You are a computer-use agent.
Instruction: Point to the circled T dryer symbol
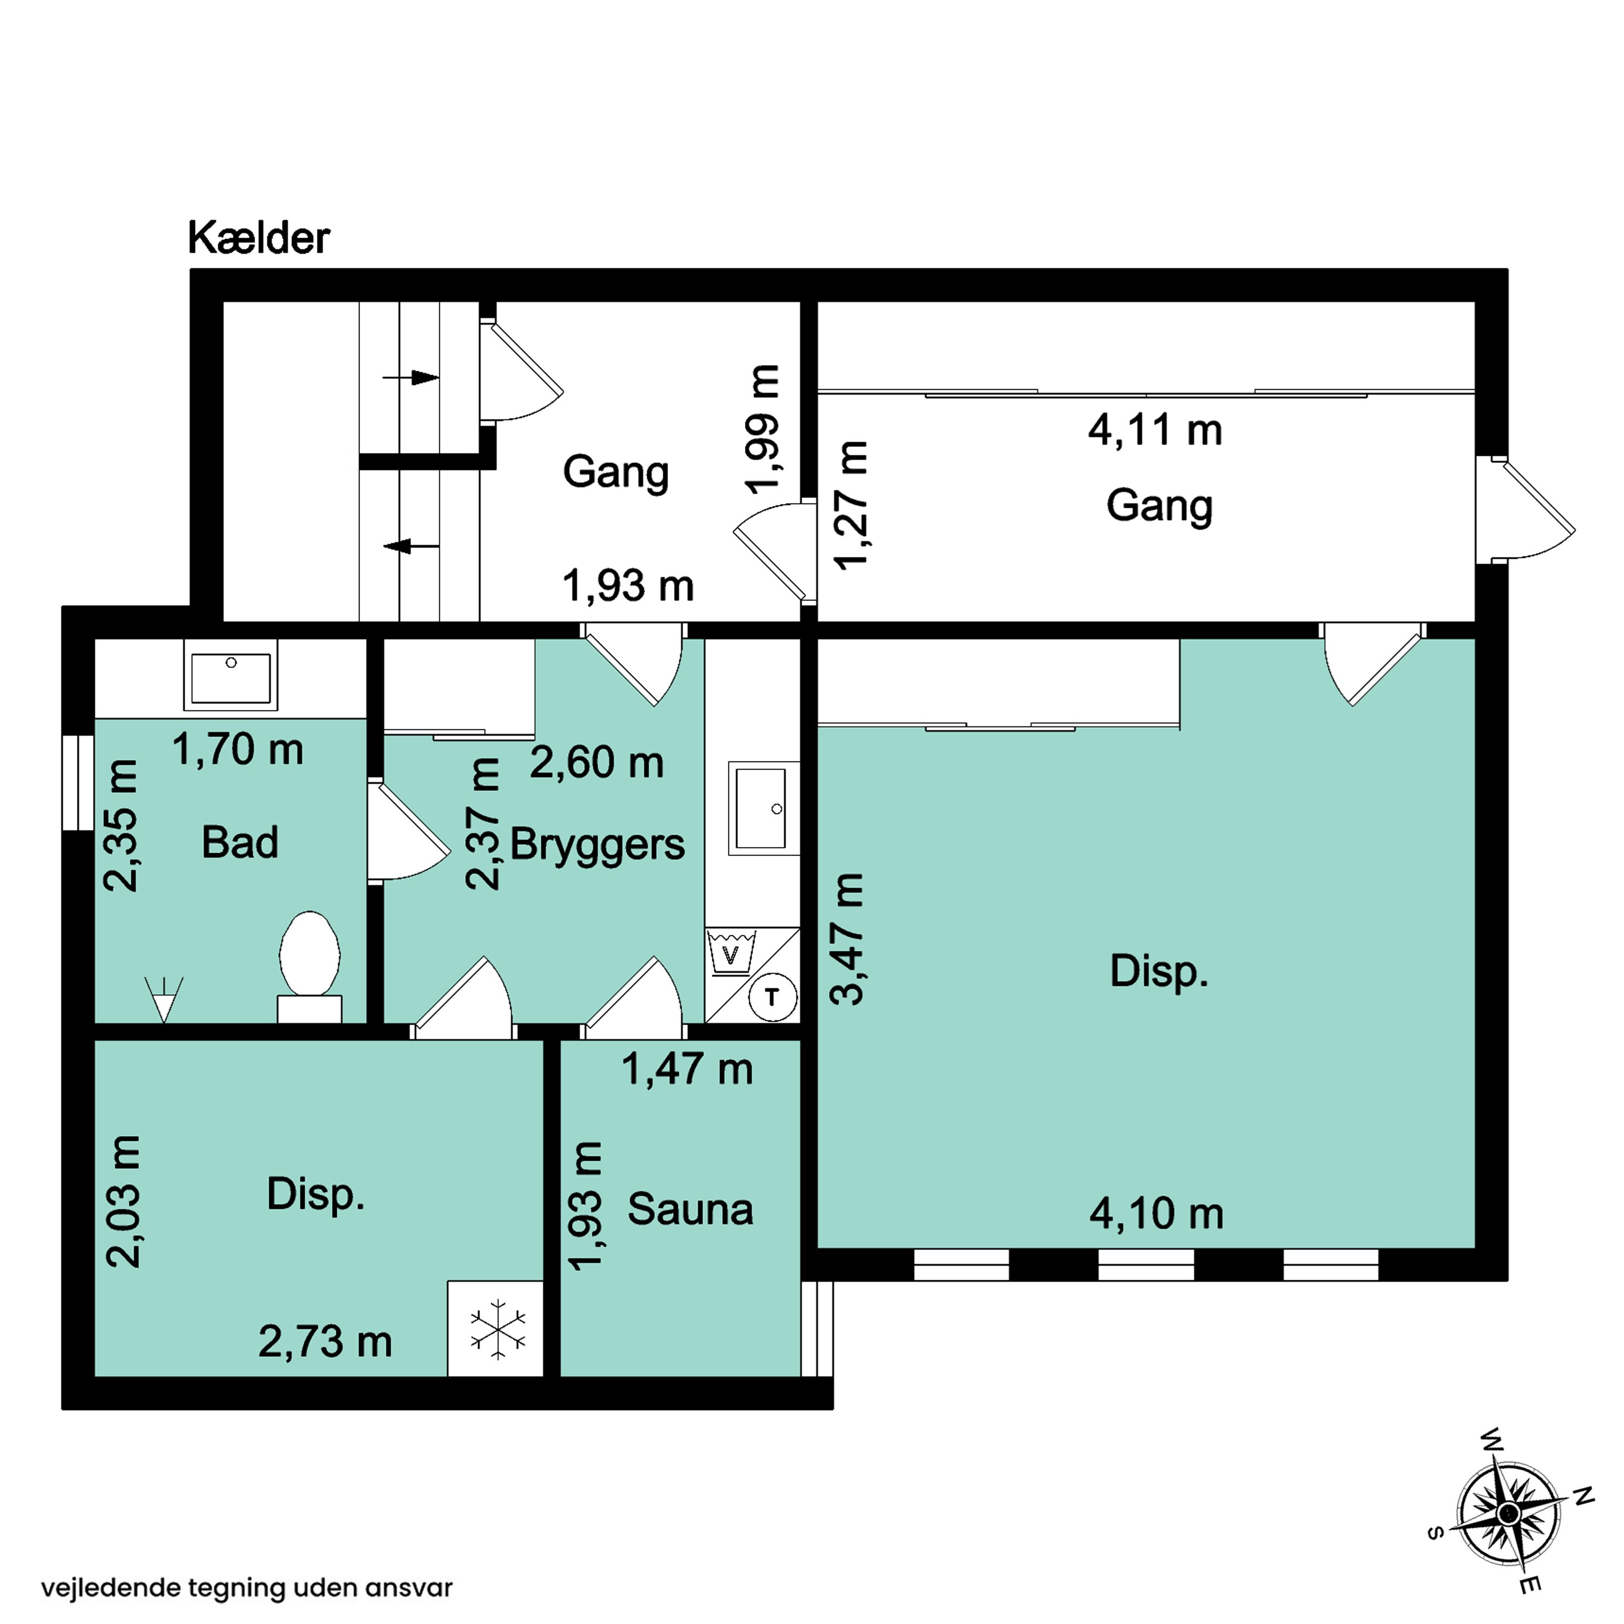[771, 998]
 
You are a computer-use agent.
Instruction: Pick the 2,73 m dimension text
[325, 1341]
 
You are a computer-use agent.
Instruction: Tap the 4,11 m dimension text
[1155, 430]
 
